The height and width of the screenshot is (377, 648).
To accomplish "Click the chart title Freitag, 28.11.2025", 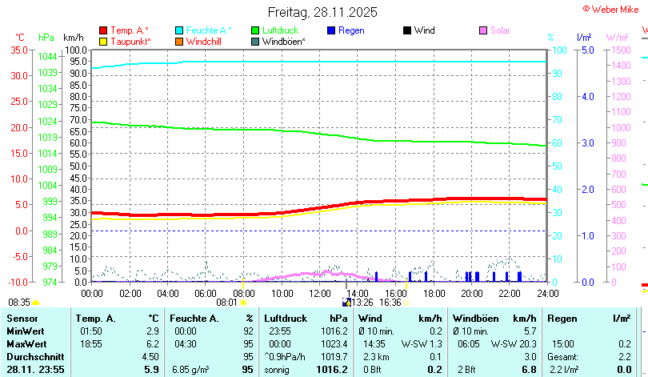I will pyautogui.click(x=322, y=13).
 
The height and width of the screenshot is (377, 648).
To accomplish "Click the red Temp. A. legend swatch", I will pyautogui.click(x=103, y=30).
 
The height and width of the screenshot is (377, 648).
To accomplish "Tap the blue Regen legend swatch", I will pyautogui.click(x=332, y=30).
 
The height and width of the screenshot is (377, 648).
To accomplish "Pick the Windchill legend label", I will pyautogui.click(x=205, y=41).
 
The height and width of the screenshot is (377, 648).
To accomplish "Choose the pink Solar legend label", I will pyautogui.click(x=500, y=30).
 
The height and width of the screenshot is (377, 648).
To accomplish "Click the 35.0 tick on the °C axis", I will pyautogui.click(x=17, y=50).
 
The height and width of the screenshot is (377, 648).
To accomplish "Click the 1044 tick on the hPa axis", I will pyautogui.click(x=47, y=56).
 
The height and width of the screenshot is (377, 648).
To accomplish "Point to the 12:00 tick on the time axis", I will pyautogui.click(x=319, y=293).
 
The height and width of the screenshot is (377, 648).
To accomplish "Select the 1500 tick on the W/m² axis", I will pyautogui.click(x=622, y=50).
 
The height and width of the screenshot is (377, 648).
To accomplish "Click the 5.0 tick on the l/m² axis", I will pyautogui.click(x=586, y=50).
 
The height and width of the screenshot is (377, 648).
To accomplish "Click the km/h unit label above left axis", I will pyautogui.click(x=73, y=37).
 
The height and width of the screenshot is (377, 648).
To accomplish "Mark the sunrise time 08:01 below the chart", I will pyautogui.click(x=227, y=303).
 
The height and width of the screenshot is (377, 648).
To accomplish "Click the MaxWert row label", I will pyautogui.click(x=26, y=343).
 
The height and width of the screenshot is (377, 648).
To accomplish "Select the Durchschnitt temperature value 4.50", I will pyautogui.click(x=150, y=356).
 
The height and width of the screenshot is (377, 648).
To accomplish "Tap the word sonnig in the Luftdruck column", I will pyautogui.click(x=278, y=369).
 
